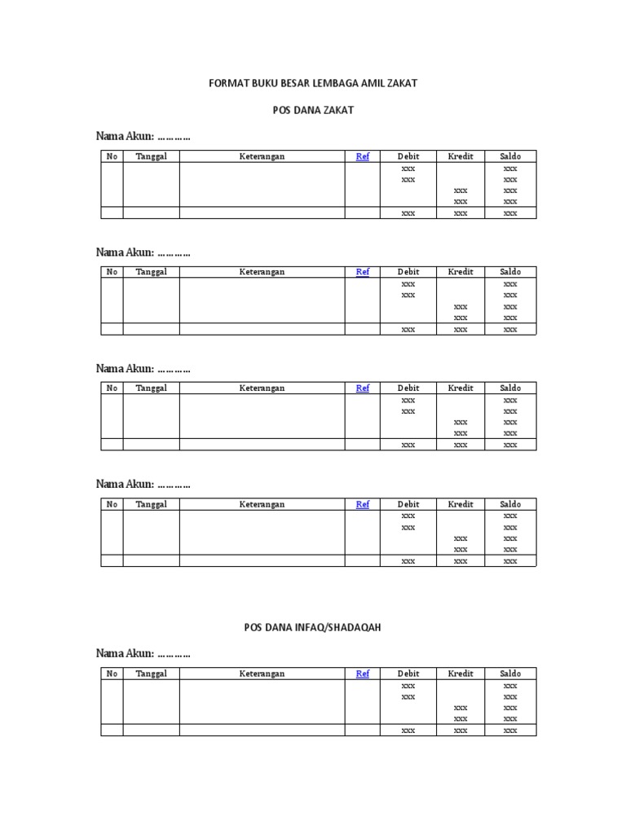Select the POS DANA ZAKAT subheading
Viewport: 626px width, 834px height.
click(x=313, y=110)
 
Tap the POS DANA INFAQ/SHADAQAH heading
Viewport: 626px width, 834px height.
click(x=313, y=627)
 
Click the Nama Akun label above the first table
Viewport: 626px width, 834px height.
click(x=125, y=136)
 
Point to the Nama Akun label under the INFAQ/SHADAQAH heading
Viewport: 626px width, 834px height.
click(x=125, y=653)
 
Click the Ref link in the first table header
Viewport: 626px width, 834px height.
click(x=363, y=156)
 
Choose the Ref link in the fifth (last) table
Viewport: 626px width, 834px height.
click(x=363, y=674)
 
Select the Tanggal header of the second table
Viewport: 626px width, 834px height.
click(x=152, y=272)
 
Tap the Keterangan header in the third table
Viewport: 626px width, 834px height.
click(x=262, y=388)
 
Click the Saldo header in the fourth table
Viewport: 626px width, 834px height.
click(x=510, y=504)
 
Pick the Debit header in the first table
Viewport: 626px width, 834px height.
click(x=408, y=156)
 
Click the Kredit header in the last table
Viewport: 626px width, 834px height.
click(x=461, y=674)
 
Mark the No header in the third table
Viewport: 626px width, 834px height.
click(x=112, y=388)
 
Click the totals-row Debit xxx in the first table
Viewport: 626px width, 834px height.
click(x=408, y=213)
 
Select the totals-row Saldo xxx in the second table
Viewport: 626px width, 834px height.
click(x=510, y=329)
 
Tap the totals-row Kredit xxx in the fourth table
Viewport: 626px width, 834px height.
click(x=461, y=561)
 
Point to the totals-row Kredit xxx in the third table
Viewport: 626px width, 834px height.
click(x=461, y=446)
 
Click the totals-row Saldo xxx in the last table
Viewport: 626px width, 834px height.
click(x=510, y=731)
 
